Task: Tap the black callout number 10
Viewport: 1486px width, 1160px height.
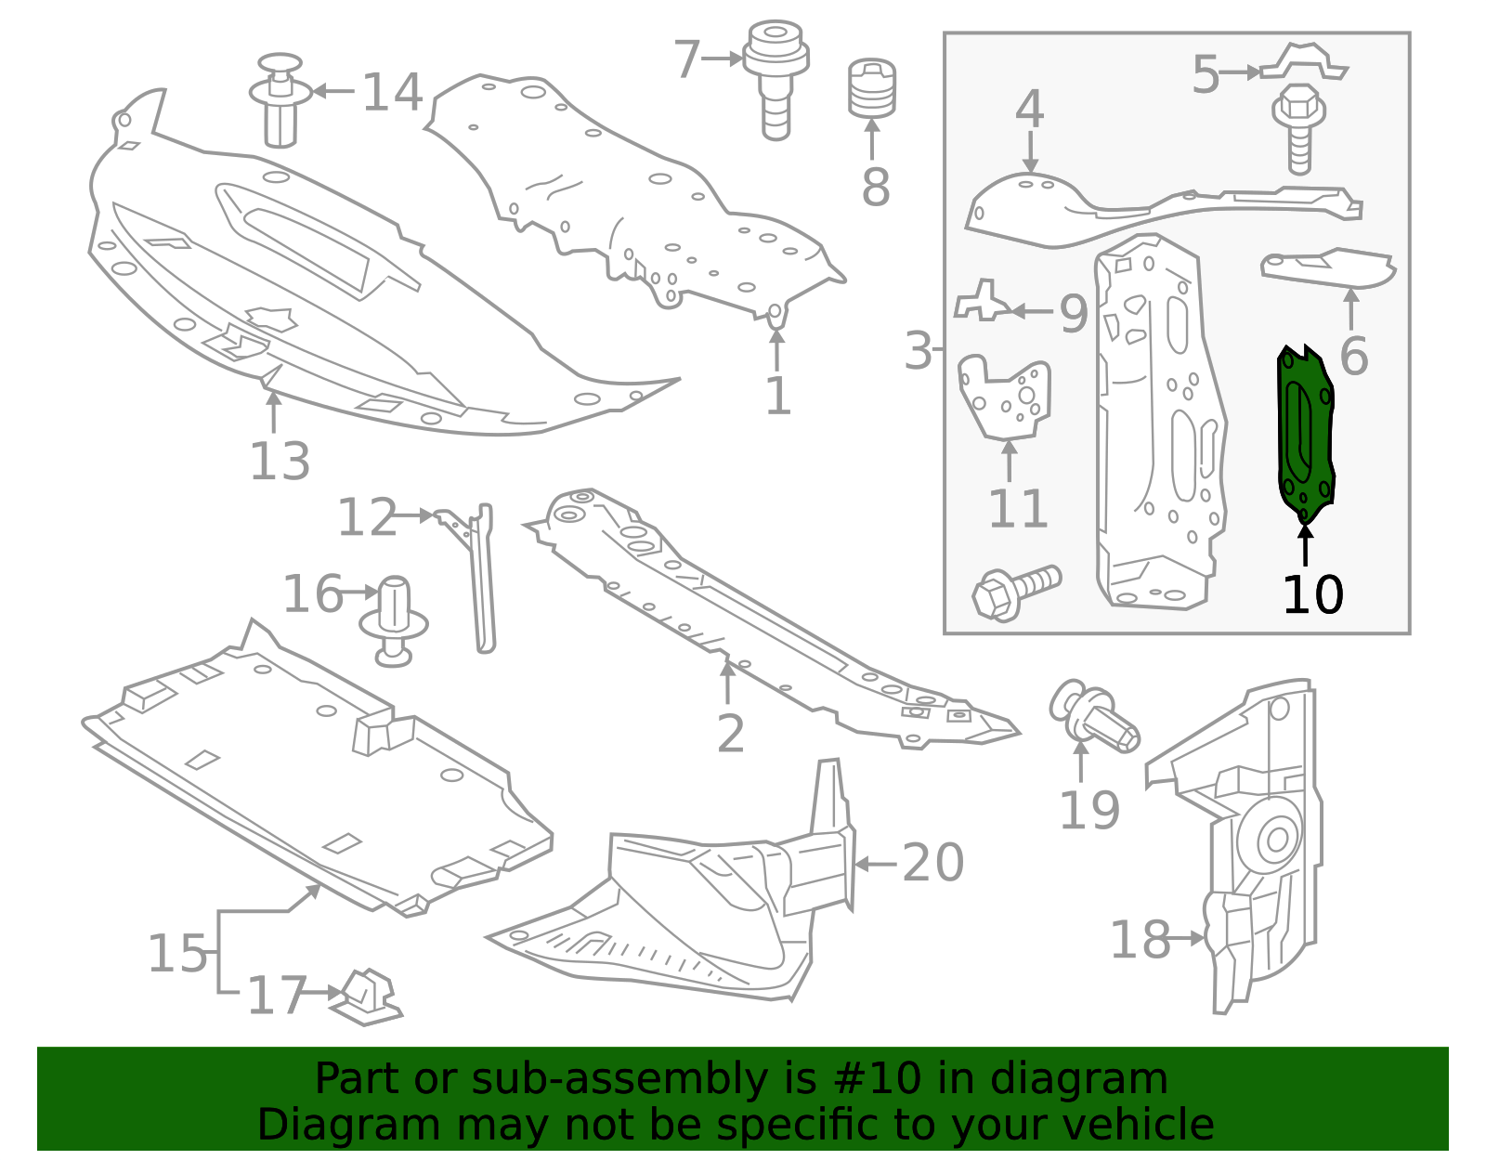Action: pos(1312,595)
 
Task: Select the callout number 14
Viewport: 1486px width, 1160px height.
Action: pos(392,92)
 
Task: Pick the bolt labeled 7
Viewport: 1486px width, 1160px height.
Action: pos(776,79)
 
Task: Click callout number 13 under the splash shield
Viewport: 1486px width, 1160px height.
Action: pos(280,462)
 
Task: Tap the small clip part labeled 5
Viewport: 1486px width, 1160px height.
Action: pos(1304,62)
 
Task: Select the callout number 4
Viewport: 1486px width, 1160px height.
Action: pos(1030,110)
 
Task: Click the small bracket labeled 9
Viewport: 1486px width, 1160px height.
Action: pos(983,302)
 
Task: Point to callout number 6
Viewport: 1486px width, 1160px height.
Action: pos(1353,356)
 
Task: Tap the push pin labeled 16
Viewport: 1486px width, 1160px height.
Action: pos(393,621)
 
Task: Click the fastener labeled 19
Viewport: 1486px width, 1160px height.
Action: pos(1094,716)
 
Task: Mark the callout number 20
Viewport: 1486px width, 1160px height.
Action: pos(932,864)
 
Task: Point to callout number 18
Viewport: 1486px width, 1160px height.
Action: pos(1140,940)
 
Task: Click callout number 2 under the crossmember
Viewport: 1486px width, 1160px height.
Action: pos(730,734)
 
